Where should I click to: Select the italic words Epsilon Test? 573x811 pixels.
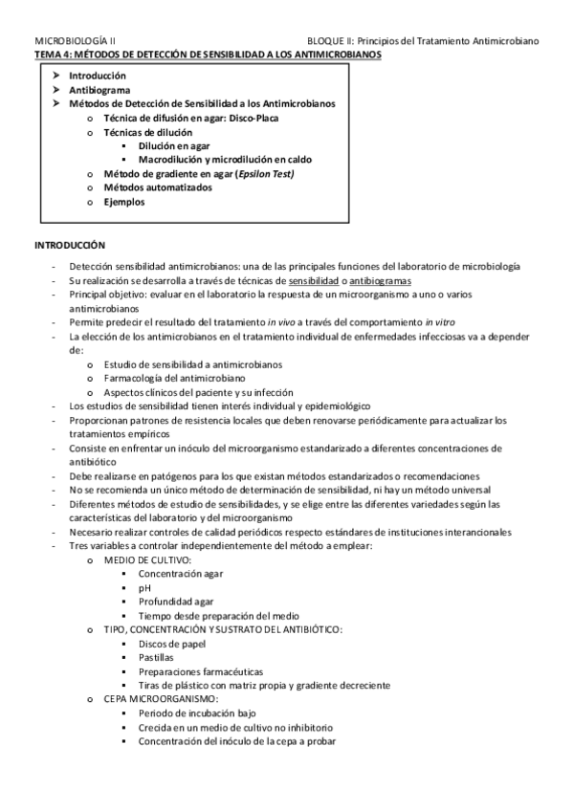[x=260, y=173]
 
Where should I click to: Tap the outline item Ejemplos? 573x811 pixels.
[x=124, y=202]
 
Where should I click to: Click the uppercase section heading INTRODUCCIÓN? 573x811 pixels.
[x=70, y=246]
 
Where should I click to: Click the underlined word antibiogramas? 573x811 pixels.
[x=381, y=282]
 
